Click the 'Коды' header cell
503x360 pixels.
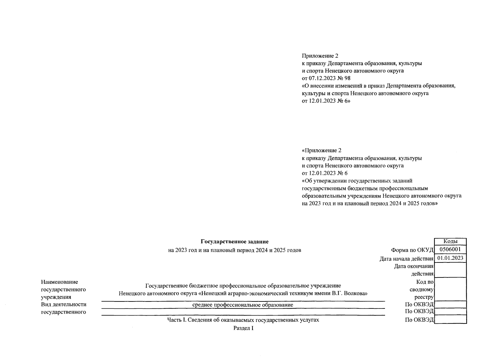[x=450, y=241]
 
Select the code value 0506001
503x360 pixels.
[x=450, y=250]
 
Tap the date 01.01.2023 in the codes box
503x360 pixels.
[x=450, y=258]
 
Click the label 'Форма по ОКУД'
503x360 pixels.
[x=412, y=250]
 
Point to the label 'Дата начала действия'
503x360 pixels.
[x=406, y=259]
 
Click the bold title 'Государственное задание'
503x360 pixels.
[x=234, y=241]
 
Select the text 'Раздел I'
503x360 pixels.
[x=243, y=328]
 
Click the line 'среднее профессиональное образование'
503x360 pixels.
[x=243, y=305]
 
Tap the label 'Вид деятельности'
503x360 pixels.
[x=64, y=304]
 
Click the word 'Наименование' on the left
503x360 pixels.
[x=59, y=282]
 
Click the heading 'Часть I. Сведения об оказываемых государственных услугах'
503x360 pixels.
[x=243, y=320]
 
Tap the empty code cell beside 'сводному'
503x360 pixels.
[x=450, y=289]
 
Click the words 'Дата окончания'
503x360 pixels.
[x=414, y=266]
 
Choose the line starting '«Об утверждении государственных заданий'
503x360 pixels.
[x=357, y=181]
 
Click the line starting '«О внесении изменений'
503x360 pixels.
[x=379, y=86]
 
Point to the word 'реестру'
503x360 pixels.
[x=424, y=297]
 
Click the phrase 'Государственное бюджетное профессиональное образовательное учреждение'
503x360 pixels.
[x=243, y=286]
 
